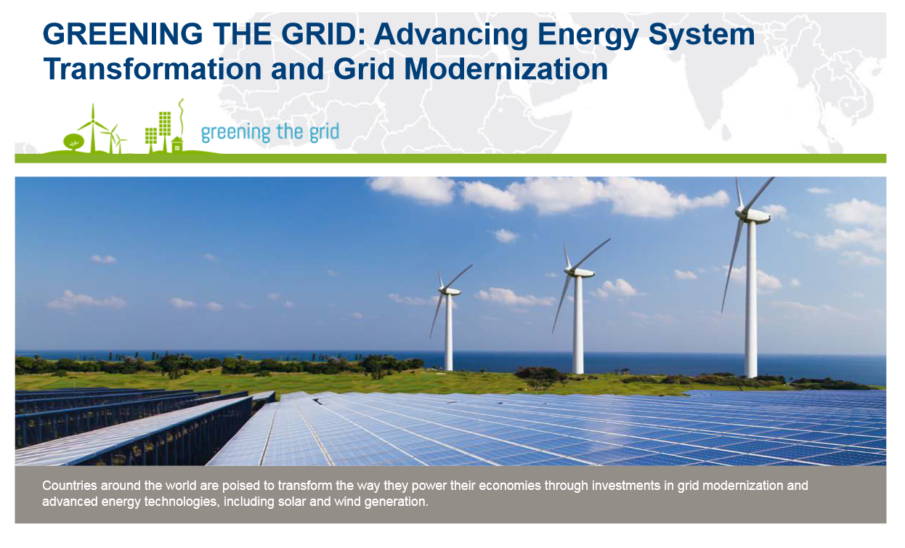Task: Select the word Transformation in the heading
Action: [153, 69]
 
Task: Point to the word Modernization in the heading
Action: [506, 69]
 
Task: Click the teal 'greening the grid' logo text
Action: [270, 132]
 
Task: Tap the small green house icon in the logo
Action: [177, 144]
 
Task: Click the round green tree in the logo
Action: [74, 142]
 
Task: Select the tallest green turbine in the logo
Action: [93, 128]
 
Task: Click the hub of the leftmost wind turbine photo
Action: [443, 289]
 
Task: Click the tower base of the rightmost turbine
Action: [751, 374]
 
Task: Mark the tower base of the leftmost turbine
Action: [448, 367]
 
